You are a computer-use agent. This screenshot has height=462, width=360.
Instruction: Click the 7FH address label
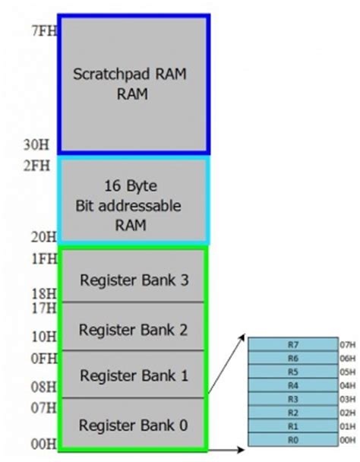coord(44,30)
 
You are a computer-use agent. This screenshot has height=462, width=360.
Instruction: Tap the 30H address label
coord(36,144)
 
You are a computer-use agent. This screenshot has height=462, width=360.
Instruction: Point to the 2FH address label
coord(36,166)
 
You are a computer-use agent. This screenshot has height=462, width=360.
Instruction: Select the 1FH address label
coord(44,258)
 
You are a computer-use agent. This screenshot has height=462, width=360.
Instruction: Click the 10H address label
coord(44,337)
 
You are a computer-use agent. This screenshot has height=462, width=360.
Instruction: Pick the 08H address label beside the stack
coord(43,387)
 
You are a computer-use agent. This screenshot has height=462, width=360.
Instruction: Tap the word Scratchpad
coord(112,74)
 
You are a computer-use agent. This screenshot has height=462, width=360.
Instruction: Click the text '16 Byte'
coord(131,186)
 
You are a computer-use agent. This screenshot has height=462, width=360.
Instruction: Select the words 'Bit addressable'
coord(128,206)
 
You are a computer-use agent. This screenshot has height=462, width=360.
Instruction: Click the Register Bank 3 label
coord(134,280)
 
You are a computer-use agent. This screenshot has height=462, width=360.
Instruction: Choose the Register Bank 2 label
coord(133,330)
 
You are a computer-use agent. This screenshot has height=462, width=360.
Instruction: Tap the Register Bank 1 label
coord(134,375)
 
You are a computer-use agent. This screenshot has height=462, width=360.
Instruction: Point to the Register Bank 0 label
coord(133,426)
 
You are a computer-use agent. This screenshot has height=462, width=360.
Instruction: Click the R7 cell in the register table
coord(293,344)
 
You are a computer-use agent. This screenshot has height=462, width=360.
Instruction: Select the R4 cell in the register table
coord(293,385)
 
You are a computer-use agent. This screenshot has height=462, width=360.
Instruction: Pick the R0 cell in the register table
coord(293,440)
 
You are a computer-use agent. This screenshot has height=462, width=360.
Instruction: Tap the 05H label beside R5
coord(348,372)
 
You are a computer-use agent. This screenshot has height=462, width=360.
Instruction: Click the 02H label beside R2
coord(348,413)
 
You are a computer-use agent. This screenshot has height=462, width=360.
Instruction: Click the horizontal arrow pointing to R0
coord(226,450)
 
